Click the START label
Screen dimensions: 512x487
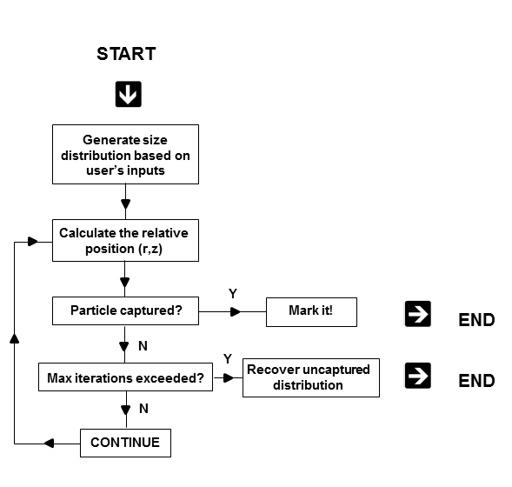pyautogui.click(x=126, y=54)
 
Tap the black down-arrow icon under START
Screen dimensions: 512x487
pyautogui.click(x=129, y=94)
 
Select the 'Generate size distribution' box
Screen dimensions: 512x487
pyautogui.click(x=125, y=154)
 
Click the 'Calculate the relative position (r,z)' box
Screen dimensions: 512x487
pyautogui.click(x=125, y=240)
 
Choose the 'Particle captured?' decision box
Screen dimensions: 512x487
pyautogui.click(x=125, y=311)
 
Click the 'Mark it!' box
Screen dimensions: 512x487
pyautogui.click(x=311, y=312)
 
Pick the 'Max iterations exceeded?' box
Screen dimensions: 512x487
pyautogui.click(x=125, y=377)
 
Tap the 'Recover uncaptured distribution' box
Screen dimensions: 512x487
pyautogui.click(x=311, y=378)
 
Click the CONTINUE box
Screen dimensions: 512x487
pyautogui.click(x=125, y=443)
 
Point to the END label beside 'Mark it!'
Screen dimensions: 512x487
pyautogui.click(x=476, y=320)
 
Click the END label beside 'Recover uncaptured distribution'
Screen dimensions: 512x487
pyautogui.click(x=476, y=381)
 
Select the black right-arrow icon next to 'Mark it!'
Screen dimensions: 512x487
pyautogui.click(x=418, y=314)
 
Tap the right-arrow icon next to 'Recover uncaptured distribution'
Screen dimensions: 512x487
pyautogui.click(x=418, y=376)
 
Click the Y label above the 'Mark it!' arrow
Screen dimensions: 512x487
pyautogui.click(x=233, y=294)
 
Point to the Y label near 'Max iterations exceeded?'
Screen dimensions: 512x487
pyautogui.click(x=228, y=359)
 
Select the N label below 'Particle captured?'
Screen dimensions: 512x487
pyautogui.click(x=143, y=346)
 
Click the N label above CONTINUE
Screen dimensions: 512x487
pyautogui.click(x=143, y=409)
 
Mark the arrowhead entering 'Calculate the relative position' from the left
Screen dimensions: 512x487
pyautogui.click(x=33, y=242)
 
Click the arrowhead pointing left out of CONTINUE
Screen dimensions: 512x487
pyautogui.click(x=49, y=444)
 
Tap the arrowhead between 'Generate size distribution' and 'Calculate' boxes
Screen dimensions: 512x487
pyautogui.click(x=126, y=204)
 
